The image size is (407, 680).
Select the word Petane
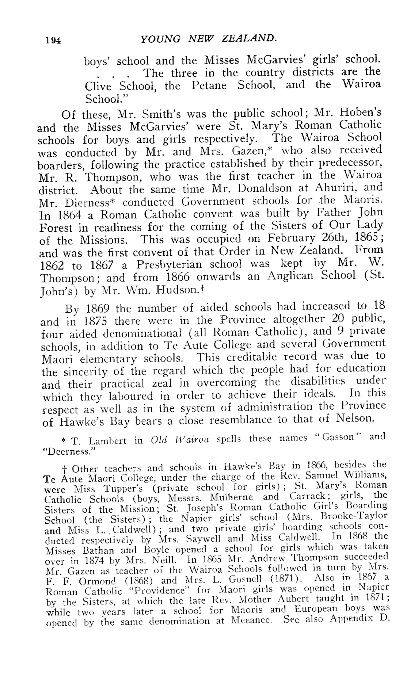tap(209, 86)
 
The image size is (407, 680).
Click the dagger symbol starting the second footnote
tap(65, 469)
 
